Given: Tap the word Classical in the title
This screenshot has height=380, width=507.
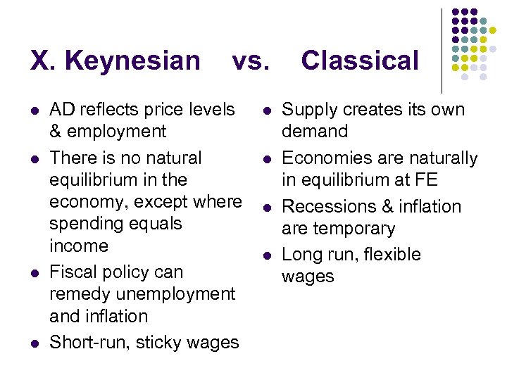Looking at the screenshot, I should click(360, 61).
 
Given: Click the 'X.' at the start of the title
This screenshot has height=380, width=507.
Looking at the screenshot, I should click(44, 61).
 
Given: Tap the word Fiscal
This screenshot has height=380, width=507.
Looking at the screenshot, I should click(72, 272).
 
